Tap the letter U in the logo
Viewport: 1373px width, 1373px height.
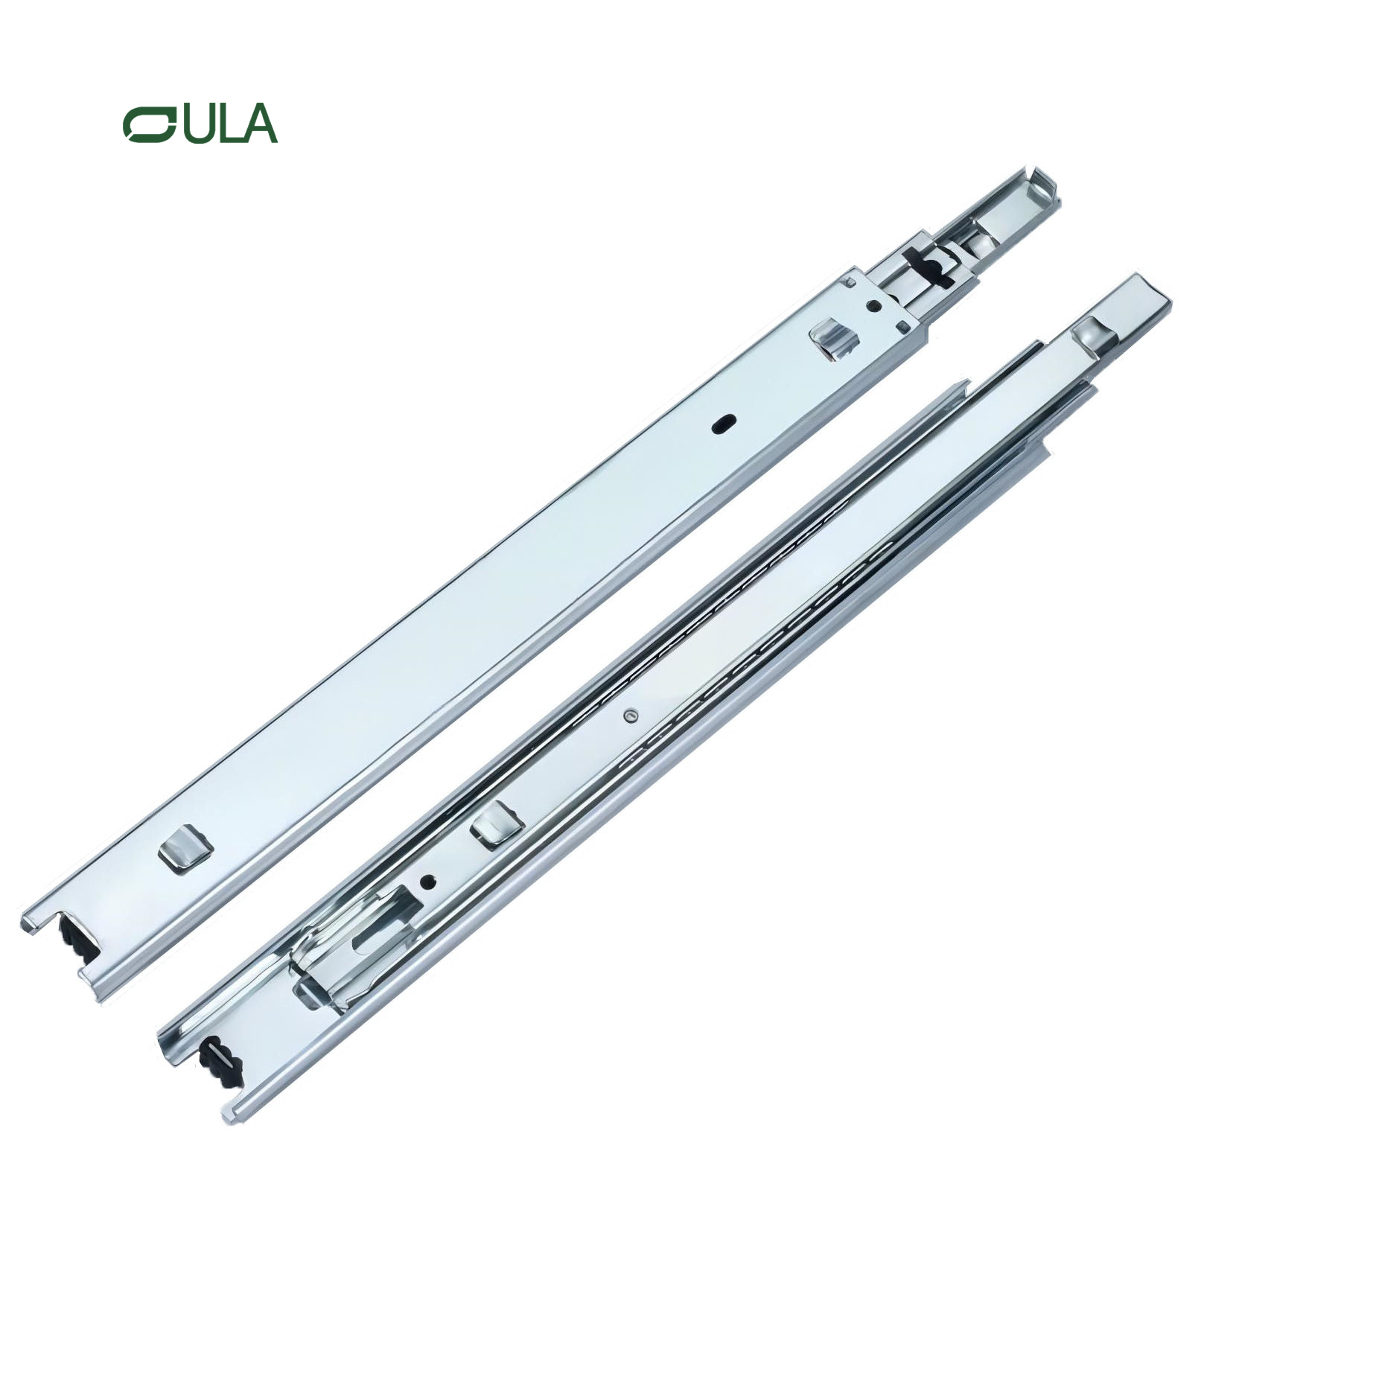point(197,125)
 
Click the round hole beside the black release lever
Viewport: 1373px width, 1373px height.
point(873,305)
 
